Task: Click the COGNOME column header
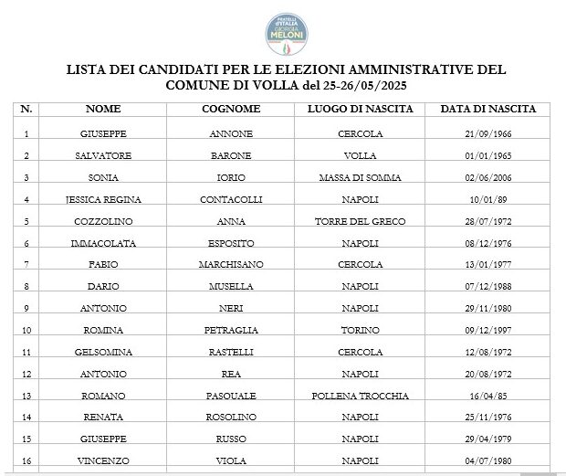click(231, 109)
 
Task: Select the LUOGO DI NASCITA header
click(360, 109)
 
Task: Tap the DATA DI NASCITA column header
click(488, 109)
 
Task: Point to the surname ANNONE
click(231, 134)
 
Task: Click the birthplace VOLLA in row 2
click(360, 156)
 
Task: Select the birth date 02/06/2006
click(488, 178)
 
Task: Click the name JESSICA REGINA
click(103, 199)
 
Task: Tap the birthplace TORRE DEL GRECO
click(360, 221)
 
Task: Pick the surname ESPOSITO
click(231, 243)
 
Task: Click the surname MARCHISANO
click(231, 265)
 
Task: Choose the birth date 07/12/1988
click(488, 287)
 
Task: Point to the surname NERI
click(231, 309)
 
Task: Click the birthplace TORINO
click(360, 331)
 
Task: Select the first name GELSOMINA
click(103, 353)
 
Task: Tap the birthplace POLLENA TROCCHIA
click(360, 397)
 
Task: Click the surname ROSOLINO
click(231, 418)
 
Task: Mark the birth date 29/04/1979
click(488, 439)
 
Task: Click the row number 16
click(27, 461)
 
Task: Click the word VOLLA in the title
click(268, 84)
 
